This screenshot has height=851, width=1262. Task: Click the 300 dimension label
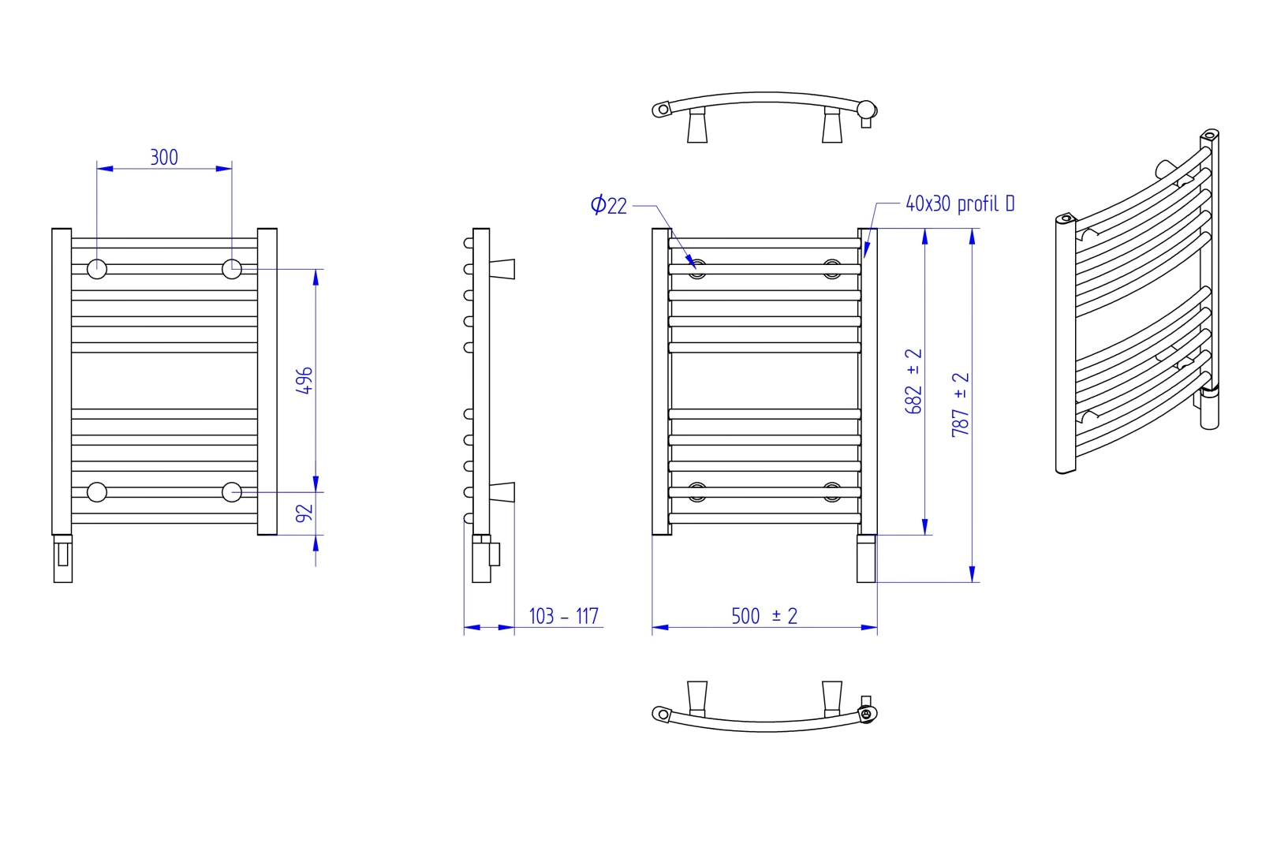164,157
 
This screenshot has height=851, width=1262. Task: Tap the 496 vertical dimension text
304,380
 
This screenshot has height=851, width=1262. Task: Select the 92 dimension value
304,513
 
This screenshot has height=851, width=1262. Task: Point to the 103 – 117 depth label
563,616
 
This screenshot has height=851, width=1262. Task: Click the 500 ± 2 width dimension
764,616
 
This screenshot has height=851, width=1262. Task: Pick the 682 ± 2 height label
913,381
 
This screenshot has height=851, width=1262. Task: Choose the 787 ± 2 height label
960,405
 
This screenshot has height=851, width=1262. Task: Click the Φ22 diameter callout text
608,205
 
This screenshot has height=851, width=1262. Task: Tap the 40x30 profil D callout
960,203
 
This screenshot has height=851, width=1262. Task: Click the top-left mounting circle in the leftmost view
97,269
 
